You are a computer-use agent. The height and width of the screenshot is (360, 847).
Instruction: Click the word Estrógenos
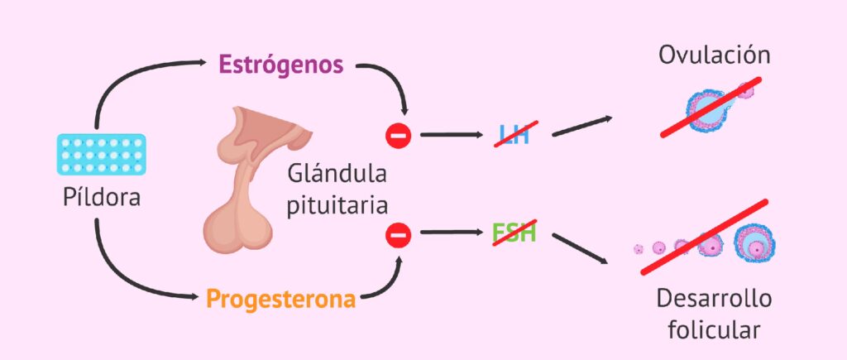[281, 65]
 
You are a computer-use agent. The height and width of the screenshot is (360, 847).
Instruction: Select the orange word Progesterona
[281, 298]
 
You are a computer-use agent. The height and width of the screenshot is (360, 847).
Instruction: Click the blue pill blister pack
[102, 155]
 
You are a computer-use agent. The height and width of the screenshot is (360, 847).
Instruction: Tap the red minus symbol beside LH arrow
[399, 134]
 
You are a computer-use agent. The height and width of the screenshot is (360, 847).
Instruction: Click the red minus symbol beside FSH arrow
[399, 236]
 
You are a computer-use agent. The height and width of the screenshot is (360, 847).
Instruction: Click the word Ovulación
[715, 56]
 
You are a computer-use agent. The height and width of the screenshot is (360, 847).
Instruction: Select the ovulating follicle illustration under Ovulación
[711, 108]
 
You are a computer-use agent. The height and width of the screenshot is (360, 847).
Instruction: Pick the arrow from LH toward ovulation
[582, 125]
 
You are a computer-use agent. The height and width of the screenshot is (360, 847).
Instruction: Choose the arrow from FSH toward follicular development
[583, 250]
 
